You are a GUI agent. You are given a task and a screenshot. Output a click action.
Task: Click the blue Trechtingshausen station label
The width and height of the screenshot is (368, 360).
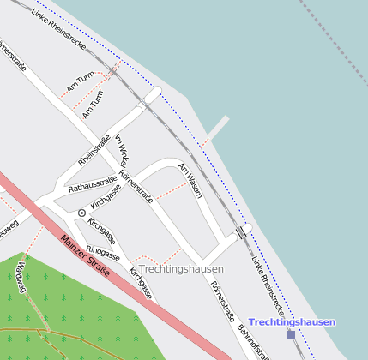pyautogui.click(x=291, y=321)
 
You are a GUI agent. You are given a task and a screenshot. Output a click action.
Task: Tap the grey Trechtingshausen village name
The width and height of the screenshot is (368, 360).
pyautogui.click(x=181, y=269)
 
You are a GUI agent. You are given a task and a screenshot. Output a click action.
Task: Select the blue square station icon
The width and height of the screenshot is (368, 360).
pyautogui.click(x=291, y=334)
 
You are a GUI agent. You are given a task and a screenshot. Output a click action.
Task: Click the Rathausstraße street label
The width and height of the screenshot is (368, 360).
pyautogui.click(x=92, y=184)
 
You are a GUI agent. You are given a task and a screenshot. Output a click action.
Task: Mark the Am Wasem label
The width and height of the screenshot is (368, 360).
pyautogui.click(x=189, y=179)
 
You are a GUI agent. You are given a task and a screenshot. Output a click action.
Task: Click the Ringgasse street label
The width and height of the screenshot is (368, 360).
pyautogui.click(x=104, y=255)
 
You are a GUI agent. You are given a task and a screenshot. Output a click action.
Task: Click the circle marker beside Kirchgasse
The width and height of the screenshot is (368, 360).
pyautogui.click(x=81, y=212)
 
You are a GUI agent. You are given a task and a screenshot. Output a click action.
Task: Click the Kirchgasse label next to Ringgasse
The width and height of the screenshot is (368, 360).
pyautogui.click(x=142, y=282)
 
